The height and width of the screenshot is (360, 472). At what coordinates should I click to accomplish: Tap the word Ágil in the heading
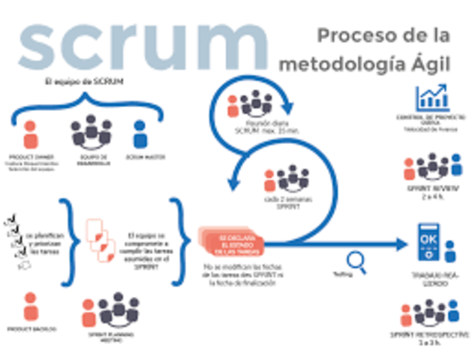point(424,64)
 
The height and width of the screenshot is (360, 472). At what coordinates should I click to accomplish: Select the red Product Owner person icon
point(30,133)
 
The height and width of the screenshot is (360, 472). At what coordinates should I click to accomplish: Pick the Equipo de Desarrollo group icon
point(90,132)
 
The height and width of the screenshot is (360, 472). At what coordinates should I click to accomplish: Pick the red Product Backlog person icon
point(31,306)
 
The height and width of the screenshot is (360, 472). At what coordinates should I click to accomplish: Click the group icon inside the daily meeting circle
point(254,103)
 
